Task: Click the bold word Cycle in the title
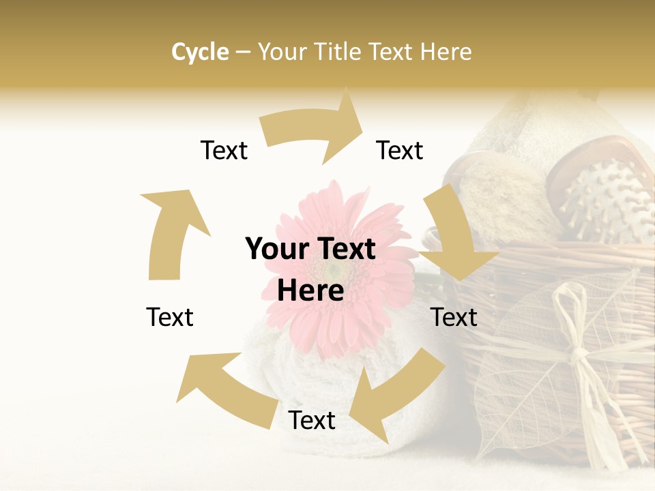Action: [200, 52]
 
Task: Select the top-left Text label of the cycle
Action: [224, 150]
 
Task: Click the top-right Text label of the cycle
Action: [400, 150]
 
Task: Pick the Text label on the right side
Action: [454, 317]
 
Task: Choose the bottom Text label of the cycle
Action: [312, 421]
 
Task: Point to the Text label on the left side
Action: [170, 317]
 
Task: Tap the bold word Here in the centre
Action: [310, 291]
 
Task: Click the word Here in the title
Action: [446, 52]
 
